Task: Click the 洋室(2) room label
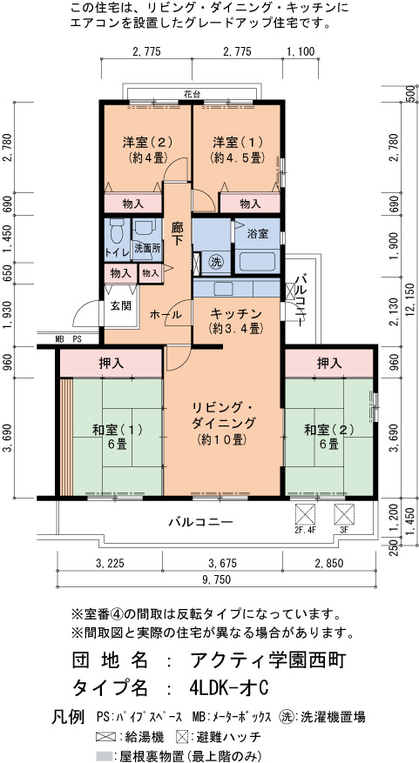[x=140, y=143]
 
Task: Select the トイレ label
[x=117, y=252]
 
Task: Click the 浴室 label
[x=258, y=234]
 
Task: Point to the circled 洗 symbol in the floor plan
[x=216, y=262]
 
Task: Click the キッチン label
[x=236, y=313]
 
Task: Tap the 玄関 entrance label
[x=120, y=305]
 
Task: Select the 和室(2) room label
[x=329, y=430]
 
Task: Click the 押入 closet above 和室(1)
[x=112, y=363]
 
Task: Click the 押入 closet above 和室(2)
[x=329, y=363]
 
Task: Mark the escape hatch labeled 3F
[x=344, y=514]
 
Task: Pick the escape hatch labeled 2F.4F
[x=306, y=514]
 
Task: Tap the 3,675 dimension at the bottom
[x=222, y=564]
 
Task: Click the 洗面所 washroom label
[x=147, y=247]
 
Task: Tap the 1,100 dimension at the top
[x=301, y=51]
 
